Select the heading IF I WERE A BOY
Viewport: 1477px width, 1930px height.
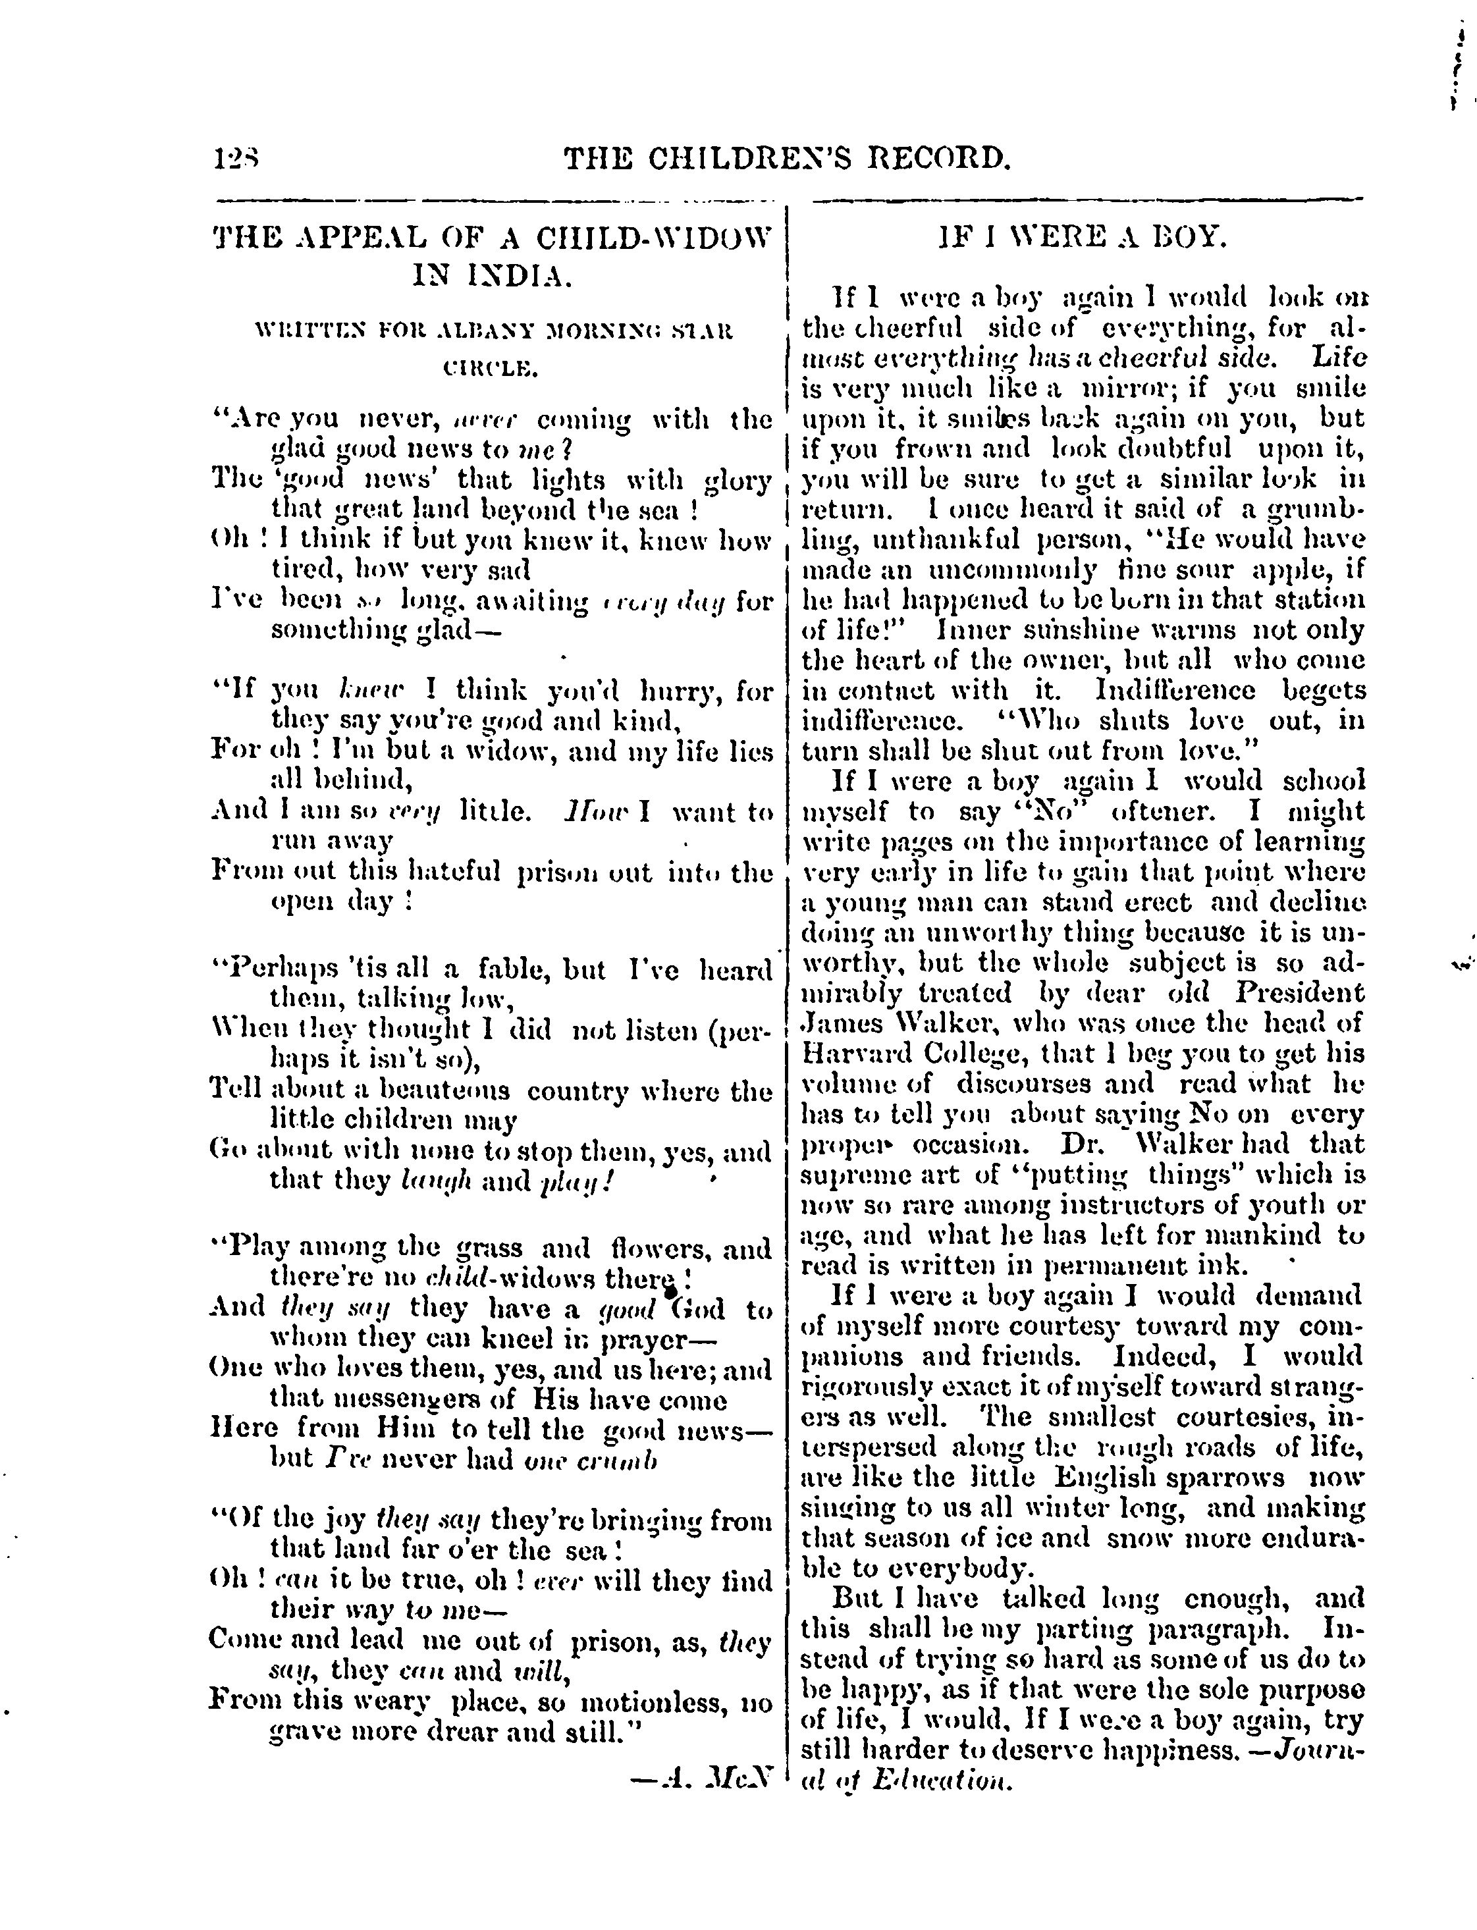[1081, 238]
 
